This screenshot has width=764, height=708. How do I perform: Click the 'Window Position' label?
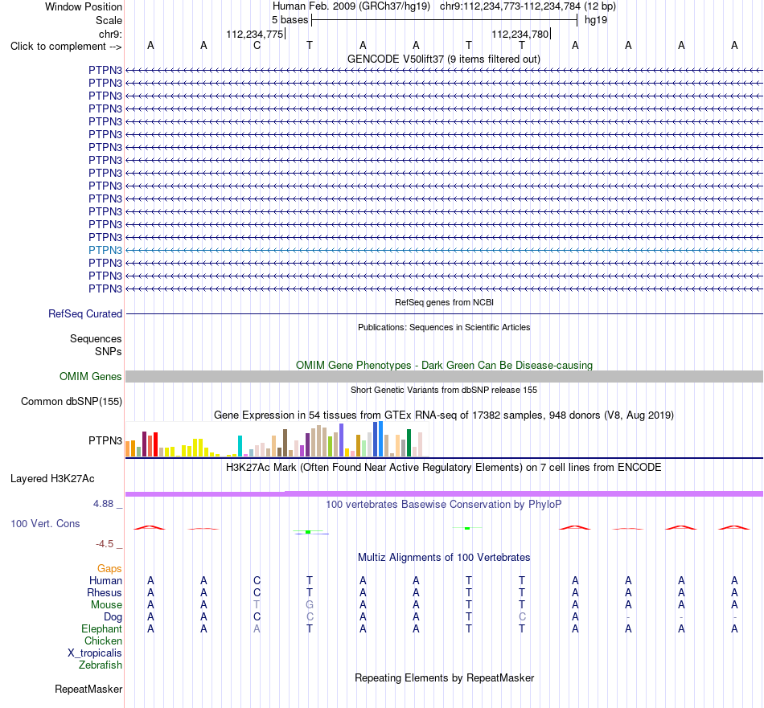pyautogui.click(x=84, y=6)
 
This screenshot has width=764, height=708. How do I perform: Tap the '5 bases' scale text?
pyautogui.click(x=290, y=20)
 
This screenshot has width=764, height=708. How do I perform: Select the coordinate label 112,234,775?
pyautogui.click(x=254, y=34)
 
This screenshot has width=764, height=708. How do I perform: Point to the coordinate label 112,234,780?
pyautogui.click(x=520, y=34)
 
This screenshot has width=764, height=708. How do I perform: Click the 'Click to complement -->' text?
pyautogui.click(x=66, y=47)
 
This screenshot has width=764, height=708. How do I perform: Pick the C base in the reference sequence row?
pyautogui.click(x=257, y=46)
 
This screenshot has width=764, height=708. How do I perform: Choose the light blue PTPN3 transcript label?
pyautogui.click(x=105, y=250)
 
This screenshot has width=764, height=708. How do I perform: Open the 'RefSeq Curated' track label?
pyautogui.click(x=84, y=314)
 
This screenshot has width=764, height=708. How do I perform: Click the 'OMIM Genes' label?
pyautogui.click(x=91, y=376)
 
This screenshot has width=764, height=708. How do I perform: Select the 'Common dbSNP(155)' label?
pyautogui.click(x=72, y=402)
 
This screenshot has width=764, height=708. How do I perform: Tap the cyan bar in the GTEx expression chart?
pyautogui.click(x=240, y=446)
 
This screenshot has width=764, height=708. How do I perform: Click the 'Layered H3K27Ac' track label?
pyautogui.click(x=52, y=479)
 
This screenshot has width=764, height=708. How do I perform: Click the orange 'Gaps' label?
pyautogui.click(x=109, y=569)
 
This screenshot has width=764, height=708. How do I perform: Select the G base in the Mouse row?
pyautogui.click(x=310, y=605)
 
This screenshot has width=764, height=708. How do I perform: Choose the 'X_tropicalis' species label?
pyautogui.click(x=95, y=653)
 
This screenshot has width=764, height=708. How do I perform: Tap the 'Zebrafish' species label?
pyautogui.click(x=101, y=665)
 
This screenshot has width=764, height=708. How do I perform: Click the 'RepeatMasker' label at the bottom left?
pyautogui.click(x=88, y=689)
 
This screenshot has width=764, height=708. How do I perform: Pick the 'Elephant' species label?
pyautogui.click(x=101, y=629)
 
